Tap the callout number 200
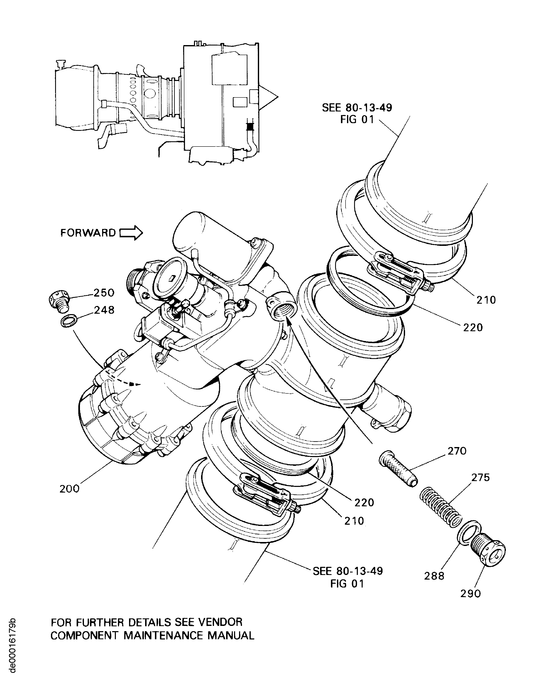[x=70, y=489]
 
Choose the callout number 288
[x=434, y=576]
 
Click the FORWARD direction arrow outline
[x=131, y=233]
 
